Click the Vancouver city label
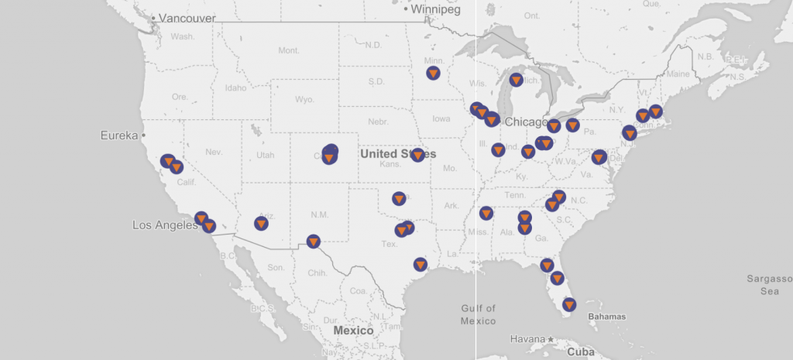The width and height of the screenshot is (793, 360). click(x=187, y=18)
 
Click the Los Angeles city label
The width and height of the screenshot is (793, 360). click(x=163, y=225)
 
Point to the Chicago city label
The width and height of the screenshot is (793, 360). click(x=527, y=122)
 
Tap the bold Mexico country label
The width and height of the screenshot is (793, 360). click(x=353, y=331)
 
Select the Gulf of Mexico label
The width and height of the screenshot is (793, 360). click(x=478, y=314)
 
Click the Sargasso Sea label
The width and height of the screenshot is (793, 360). click(x=766, y=284)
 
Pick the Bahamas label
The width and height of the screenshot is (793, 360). click(x=606, y=317)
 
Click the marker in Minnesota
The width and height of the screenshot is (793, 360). click(x=434, y=73)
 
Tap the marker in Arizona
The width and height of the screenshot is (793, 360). click(x=261, y=224)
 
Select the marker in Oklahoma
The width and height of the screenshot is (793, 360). click(x=399, y=198)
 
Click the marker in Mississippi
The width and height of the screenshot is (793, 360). click(x=486, y=213)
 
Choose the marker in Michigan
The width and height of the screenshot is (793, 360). click(x=517, y=80)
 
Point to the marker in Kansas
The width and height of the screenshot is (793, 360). click(x=418, y=155)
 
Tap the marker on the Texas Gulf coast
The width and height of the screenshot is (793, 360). click(x=421, y=264)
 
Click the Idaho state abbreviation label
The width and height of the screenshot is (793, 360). click(x=235, y=87)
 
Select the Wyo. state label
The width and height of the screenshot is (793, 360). click(x=304, y=100)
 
